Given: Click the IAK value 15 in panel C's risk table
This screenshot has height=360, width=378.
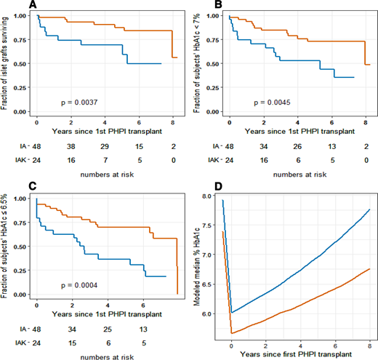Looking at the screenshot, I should click(71, 337).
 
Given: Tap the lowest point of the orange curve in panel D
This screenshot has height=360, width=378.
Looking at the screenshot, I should click(231, 332).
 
